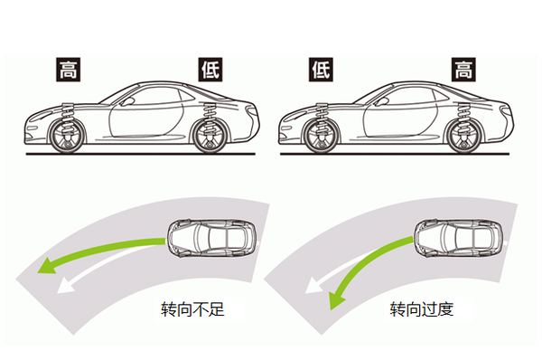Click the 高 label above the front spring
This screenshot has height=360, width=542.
pyautogui.click(x=68, y=70)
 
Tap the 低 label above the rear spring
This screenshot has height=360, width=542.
pyautogui.click(x=210, y=70)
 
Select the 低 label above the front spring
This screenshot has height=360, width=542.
pyautogui.click(x=321, y=70)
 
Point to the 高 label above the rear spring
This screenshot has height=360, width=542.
pyautogui.click(x=463, y=70)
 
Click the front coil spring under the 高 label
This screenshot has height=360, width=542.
pyautogui.click(x=68, y=117)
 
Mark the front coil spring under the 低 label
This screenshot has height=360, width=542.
pyautogui.click(x=322, y=117)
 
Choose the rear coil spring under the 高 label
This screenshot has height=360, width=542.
pyautogui.click(x=463, y=118)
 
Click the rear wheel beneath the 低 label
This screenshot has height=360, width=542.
pyautogui.click(x=210, y=136)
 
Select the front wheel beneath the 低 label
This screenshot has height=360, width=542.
pyautogui.click(x=321, y=136)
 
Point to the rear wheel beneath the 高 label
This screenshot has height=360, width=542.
pyautogui.click(x=464, y=136)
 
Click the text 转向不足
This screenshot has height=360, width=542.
pyautogui.click(x=192, y=309)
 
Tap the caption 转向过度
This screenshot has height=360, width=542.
pyautogui.click(x=422, y=309)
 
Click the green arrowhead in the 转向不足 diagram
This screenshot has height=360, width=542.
pyautogui.click(x=48, y=265)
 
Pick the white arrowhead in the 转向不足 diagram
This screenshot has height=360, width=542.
pyautogui.click(x=66, y=286)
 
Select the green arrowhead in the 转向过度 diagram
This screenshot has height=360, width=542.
pyautogui.click(x=337, y=299)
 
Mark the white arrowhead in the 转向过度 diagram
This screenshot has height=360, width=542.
pyautogui.click(x=313, y=286)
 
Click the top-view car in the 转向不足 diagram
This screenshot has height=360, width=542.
pyautogui.click(x=212, y=238)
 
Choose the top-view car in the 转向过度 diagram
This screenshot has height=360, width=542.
pyautogui.click(x=459, y=238)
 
